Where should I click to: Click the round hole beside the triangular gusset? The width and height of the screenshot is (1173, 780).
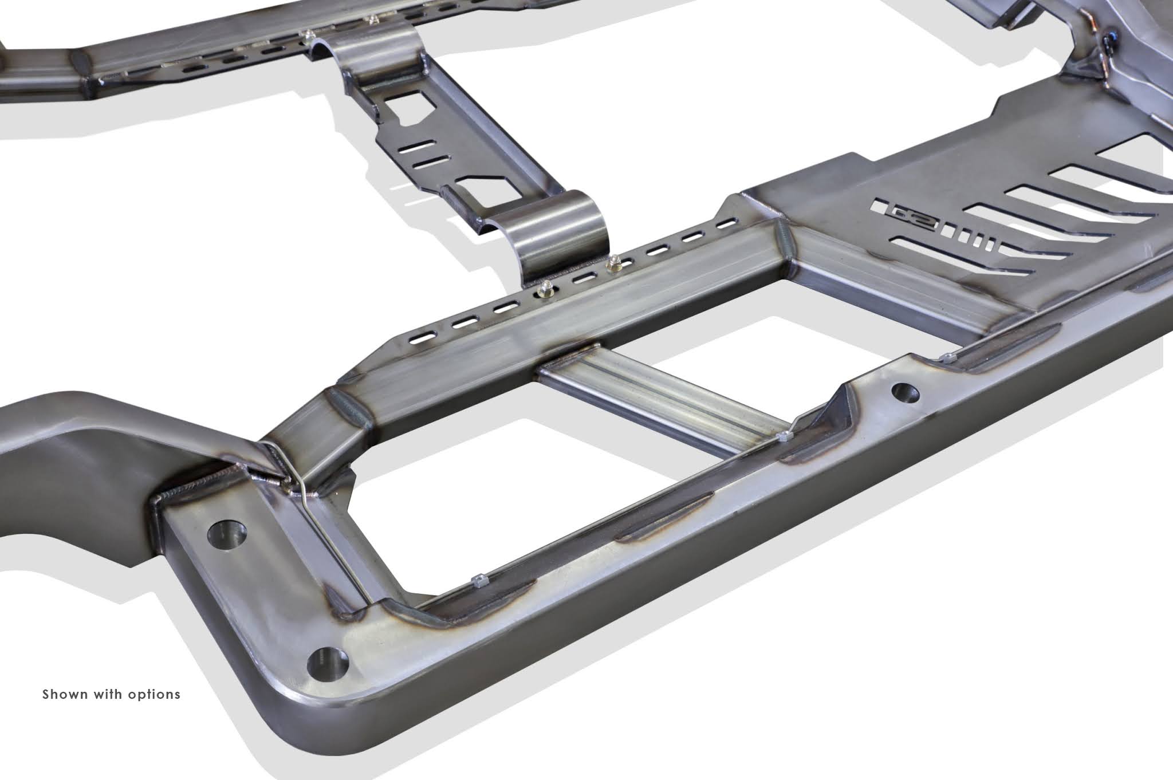[x=904, y=392]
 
